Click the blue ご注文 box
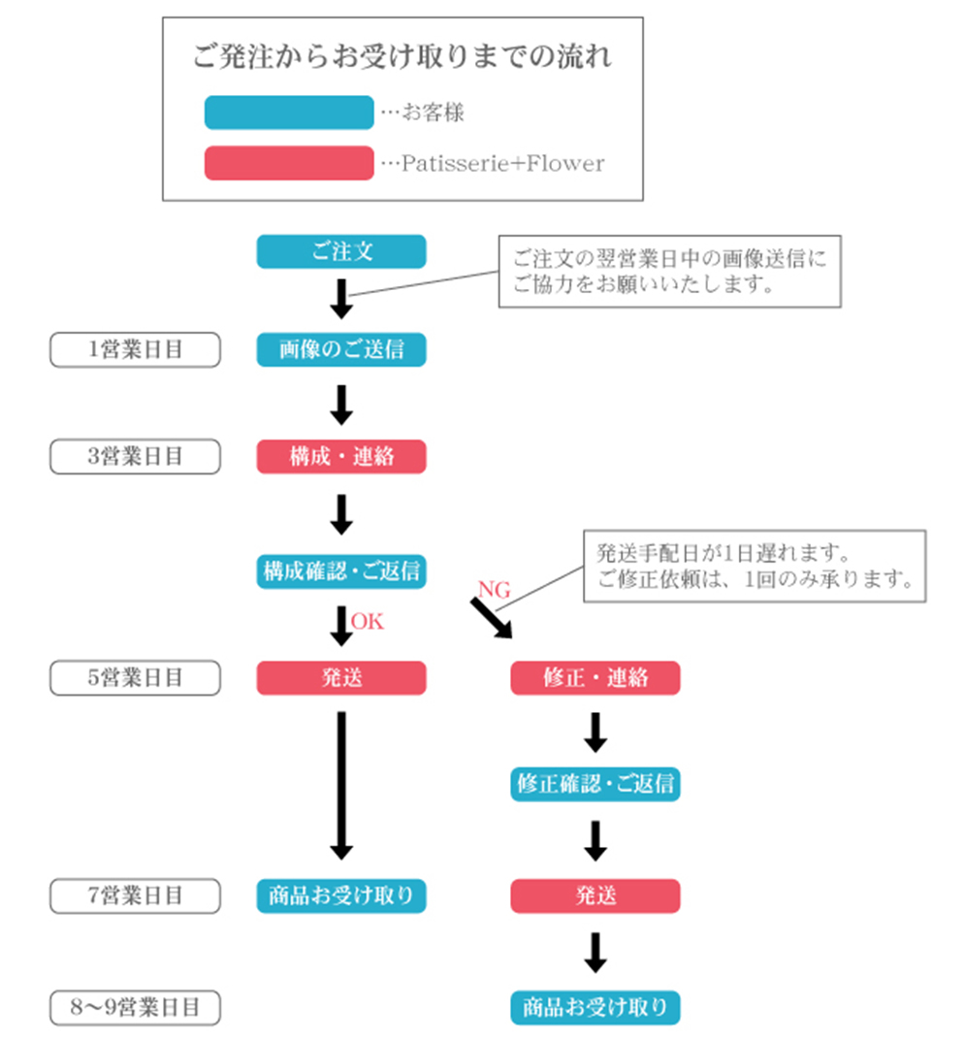340,251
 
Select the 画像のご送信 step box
340,349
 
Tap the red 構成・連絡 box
340,456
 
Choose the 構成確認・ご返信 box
340,571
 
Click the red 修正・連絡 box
595,678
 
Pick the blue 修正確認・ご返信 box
595,784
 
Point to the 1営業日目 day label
136,349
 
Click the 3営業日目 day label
136,456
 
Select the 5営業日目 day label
136,678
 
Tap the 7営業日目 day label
136,896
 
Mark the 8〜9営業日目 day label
136,1007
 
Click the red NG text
494,589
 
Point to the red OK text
368,622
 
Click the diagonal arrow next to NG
492,618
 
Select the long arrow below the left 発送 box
340,786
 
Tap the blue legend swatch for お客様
289,113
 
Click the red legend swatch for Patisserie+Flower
289,163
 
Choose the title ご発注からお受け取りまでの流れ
402,55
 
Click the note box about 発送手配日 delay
755,567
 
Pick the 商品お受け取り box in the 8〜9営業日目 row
595,1007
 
